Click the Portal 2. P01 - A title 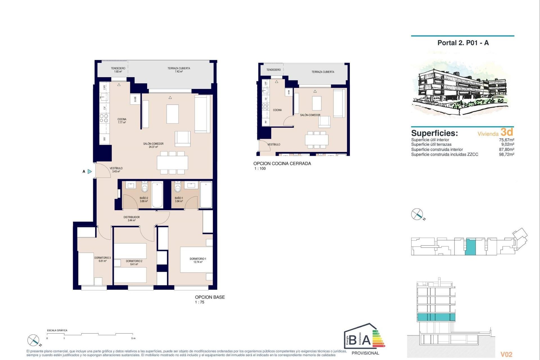[x=463, y=43]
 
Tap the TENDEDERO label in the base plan [x=118, y=70]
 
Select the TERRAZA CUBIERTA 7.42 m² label [x=179, y=70]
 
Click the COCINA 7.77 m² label [x=122, y=121]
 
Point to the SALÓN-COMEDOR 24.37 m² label [x=153, y=145]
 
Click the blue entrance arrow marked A [x=89, y=171]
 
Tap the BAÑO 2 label [x=144, y=199]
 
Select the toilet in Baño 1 [x=178, y=186]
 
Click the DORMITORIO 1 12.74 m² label [x=198, y=260]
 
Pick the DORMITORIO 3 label [x=102, y=259]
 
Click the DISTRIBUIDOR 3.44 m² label [x=132, y=219]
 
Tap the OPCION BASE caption [x=210, y=297]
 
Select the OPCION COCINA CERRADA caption [x=282, y=163]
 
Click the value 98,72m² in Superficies [x=506, y=154]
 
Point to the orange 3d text [x=507, y=132]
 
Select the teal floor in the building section [x=436, y=317]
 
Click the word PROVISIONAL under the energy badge [x=365, y=353]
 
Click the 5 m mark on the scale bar [x=133, y=338]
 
